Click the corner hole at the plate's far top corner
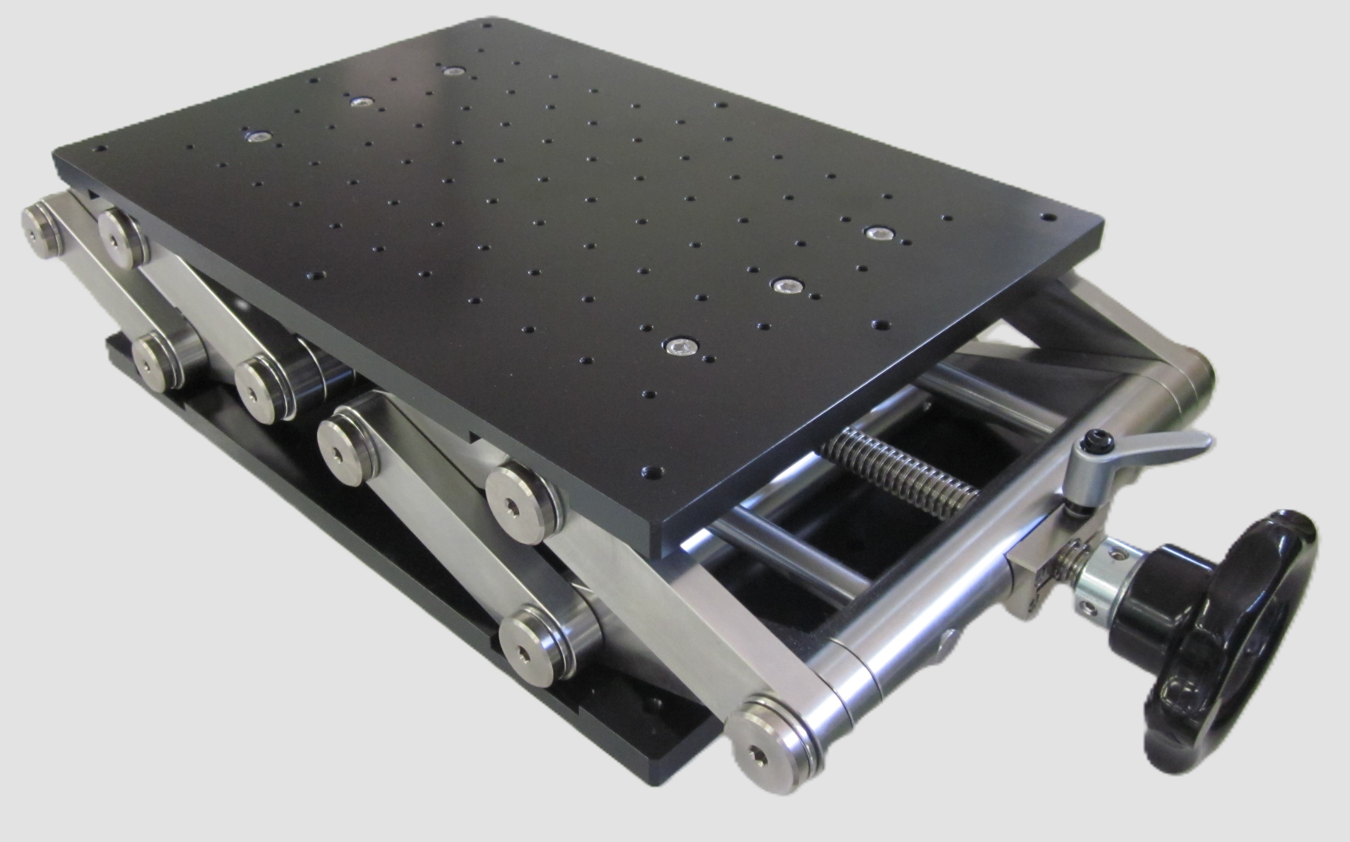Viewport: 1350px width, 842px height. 486,25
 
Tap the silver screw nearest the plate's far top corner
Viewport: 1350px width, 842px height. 452,71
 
